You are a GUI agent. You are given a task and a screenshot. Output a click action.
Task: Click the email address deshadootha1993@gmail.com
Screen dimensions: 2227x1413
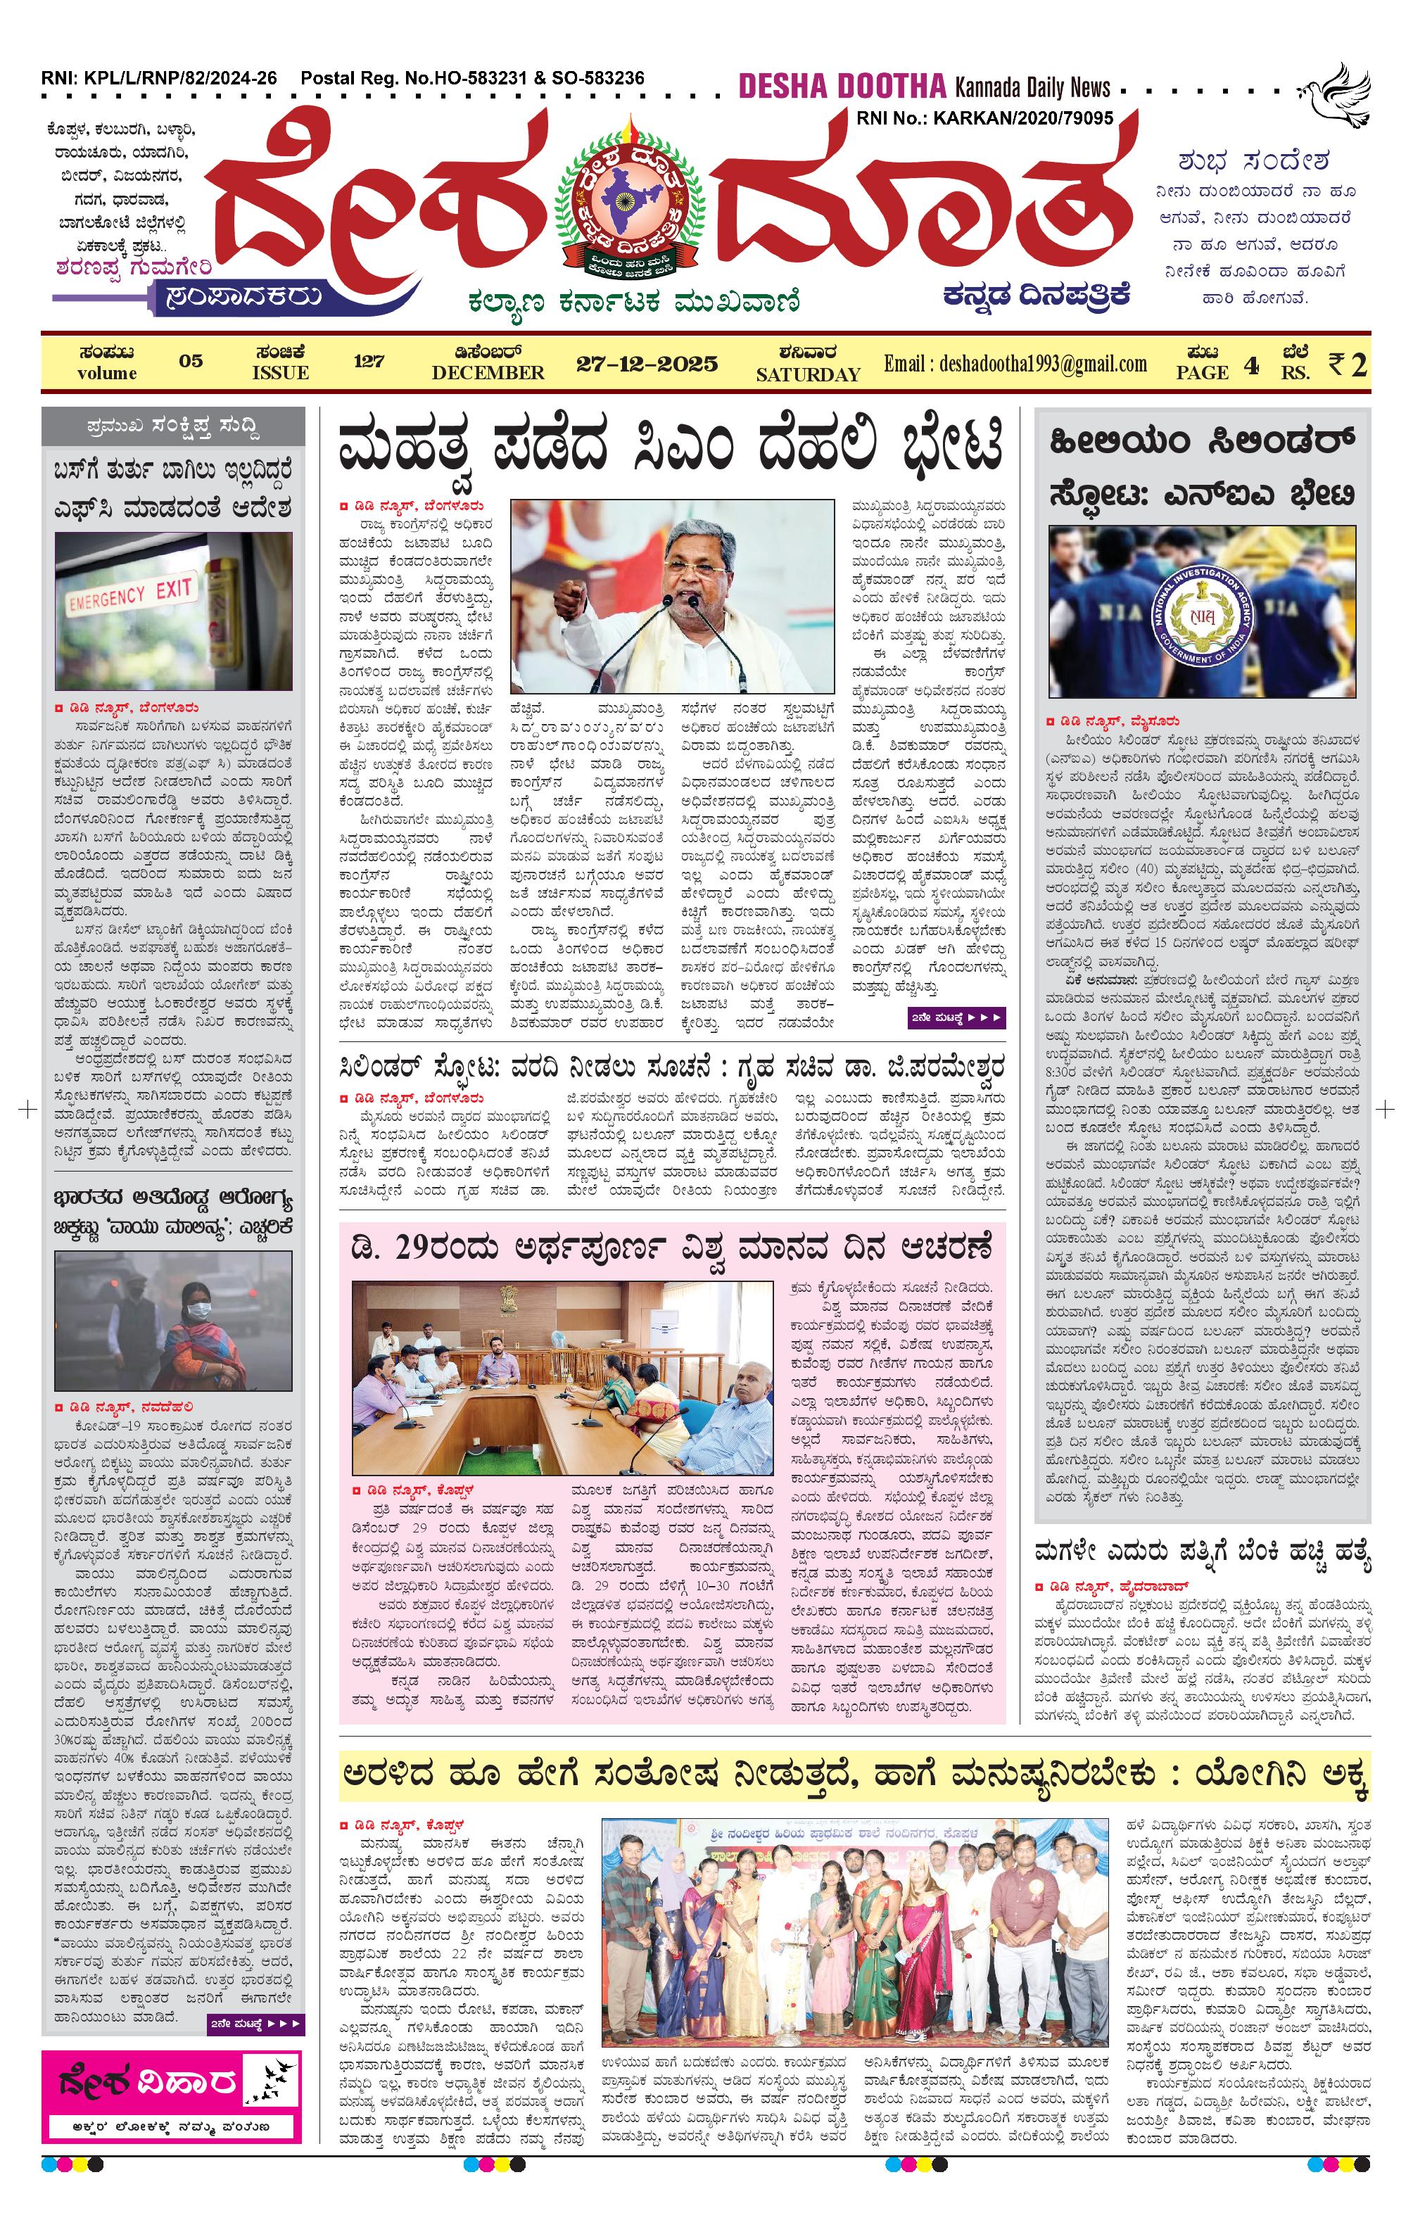pyautogui.click(x=1015, y=364)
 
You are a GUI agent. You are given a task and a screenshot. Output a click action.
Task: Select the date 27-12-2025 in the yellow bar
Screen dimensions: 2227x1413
pyautogui.click(x=647, y=364)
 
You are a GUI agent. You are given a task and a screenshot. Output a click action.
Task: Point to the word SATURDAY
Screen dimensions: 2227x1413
pyautogui.click(x=807, y=374)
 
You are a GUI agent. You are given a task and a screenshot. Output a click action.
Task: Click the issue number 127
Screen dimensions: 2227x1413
pyautogui.click(x=368, y=361)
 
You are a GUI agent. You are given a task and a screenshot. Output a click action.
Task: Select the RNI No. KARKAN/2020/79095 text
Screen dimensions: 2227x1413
pyautogui.click(x=985, y=118)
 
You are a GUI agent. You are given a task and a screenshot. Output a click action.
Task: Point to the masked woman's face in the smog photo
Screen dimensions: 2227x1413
pyautogui.click(x=197, y=1309)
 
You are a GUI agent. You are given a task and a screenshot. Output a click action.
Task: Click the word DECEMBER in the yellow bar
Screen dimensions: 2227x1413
pyautogui.click(x=488, y=374)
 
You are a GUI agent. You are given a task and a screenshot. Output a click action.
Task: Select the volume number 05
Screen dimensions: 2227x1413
pyautogui.click(x=191, y=361)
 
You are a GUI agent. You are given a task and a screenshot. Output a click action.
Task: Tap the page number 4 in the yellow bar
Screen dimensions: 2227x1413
pyautogui.click(x=1250, y=365)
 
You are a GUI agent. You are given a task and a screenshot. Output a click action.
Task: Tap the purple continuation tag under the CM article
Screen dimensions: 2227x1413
pyautogui.click(x=956, y=1018)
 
